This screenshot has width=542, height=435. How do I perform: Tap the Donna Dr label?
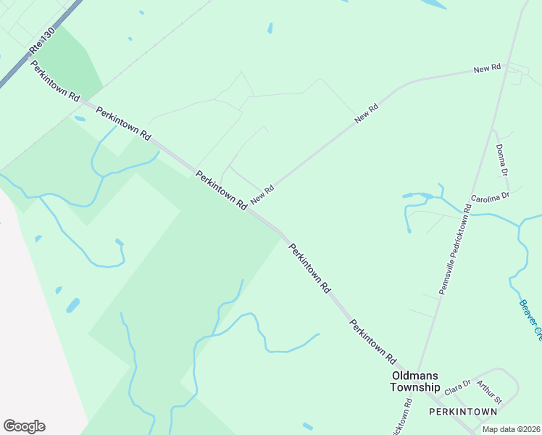tap(501, 158)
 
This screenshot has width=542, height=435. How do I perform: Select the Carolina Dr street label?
tap(491, 196)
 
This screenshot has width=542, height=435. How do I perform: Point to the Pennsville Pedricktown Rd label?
tap(455, 249)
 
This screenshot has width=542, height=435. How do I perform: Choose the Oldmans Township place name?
tap(415, 381)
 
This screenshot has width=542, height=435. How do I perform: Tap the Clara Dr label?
tap(457, 387)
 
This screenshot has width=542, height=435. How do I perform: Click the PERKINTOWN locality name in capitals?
tap(463, 412)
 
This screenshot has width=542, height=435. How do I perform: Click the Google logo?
tap(24, 426)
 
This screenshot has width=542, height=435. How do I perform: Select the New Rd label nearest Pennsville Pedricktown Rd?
tap(488, 68)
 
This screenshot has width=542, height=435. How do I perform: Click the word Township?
tap(415, 388)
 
